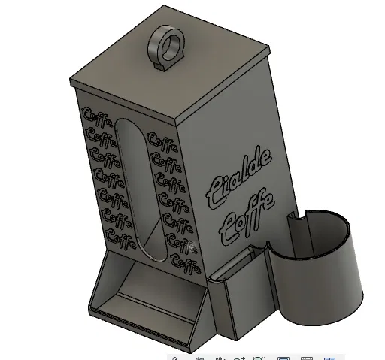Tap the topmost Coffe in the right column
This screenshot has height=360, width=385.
[x=163, y=141]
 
